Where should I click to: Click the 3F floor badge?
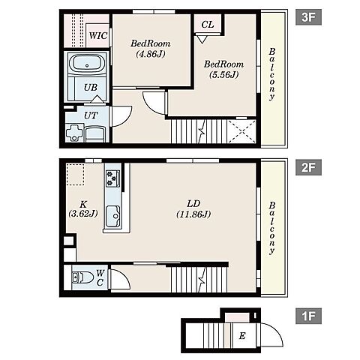[x=308, y=17]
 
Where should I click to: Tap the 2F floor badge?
[x=308, y=167]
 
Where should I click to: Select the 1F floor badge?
[x=308, y=316]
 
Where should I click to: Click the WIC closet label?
[x=98, y=36]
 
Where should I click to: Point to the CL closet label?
[x=208, y=25]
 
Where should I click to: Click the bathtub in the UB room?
[x=87, y=64]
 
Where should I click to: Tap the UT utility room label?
[x=91, y=115]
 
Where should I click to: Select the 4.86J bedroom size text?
[x=151, y=54]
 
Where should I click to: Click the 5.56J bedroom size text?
[x=223, y=74]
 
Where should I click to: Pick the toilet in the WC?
[x=82, y=277]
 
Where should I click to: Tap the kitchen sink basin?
[x=112, y=216]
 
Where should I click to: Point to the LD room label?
[x=193, y=204]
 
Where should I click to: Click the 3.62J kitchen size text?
[x=83, y=214]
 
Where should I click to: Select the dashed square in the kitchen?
[x=75, y=175]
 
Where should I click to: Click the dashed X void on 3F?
[x=242, y=131]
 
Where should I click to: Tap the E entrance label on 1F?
[x=242, y=336]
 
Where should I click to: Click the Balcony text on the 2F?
[x=272, y=228]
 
